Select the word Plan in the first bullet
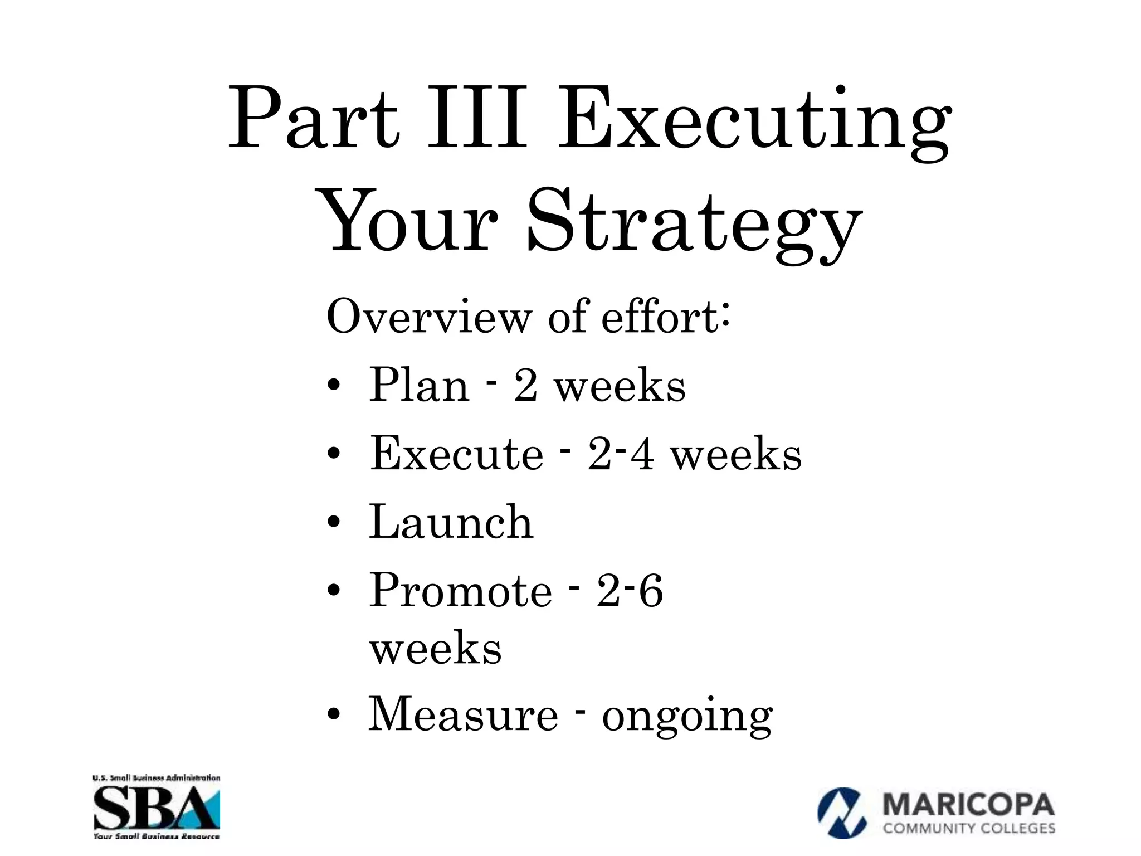click(419, 385)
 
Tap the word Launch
click(451, 522)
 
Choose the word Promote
click(460, 591)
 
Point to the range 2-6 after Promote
click(630, 591)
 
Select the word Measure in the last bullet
click(463, 715)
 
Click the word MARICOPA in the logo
click(968, 806)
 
